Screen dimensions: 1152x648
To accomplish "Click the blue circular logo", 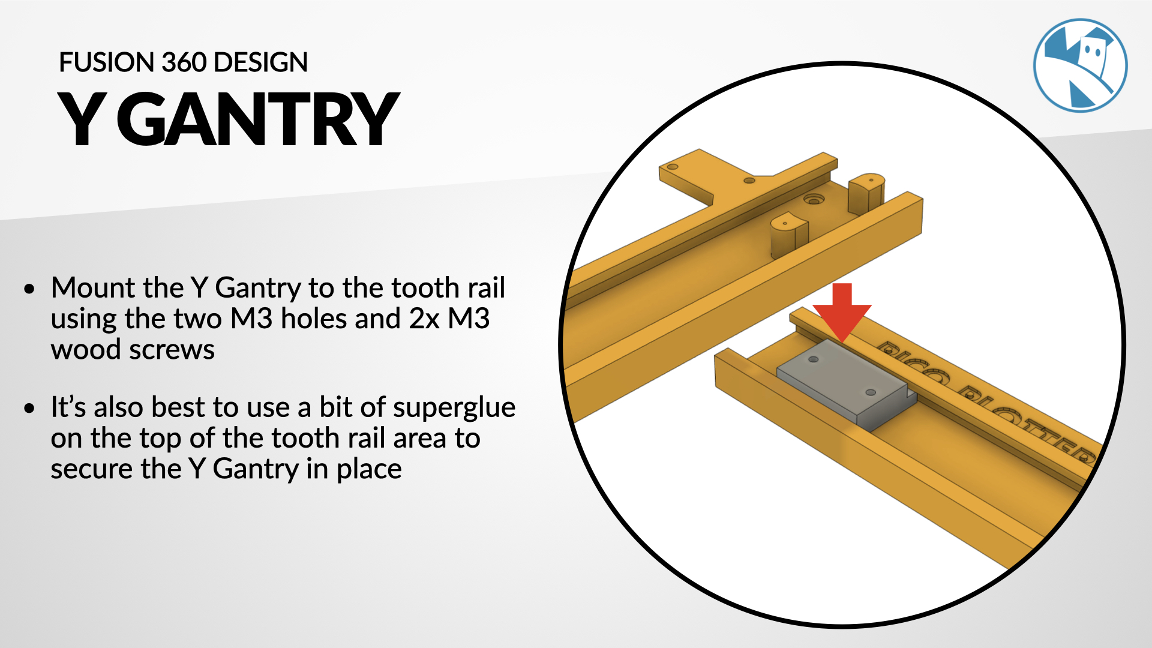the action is coord(1080,65).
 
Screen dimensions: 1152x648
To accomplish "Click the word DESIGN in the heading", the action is coord(260,62).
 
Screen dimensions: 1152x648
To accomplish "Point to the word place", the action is coord(369,470).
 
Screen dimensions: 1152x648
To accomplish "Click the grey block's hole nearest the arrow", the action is coord(814,359).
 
